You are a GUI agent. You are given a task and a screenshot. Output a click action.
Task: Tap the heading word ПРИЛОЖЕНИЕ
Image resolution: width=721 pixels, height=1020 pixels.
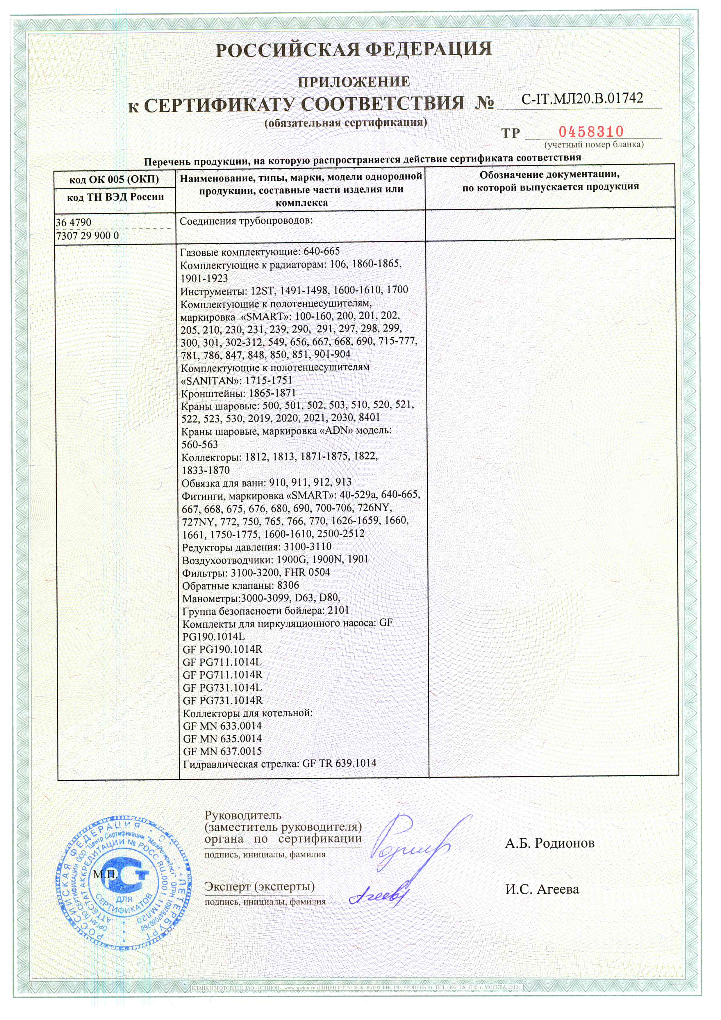[x=354, y=82]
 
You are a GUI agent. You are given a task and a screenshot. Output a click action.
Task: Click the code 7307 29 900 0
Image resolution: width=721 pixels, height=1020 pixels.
[x=88, y=236]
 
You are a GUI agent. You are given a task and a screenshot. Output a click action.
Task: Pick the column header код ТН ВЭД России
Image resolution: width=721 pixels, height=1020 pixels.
[x=115, y=197]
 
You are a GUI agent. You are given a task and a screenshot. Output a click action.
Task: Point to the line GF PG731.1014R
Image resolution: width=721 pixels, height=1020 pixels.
[x=222, y=700]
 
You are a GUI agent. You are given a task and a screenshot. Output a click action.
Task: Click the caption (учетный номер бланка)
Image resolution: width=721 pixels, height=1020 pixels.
[x=594, y=144]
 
